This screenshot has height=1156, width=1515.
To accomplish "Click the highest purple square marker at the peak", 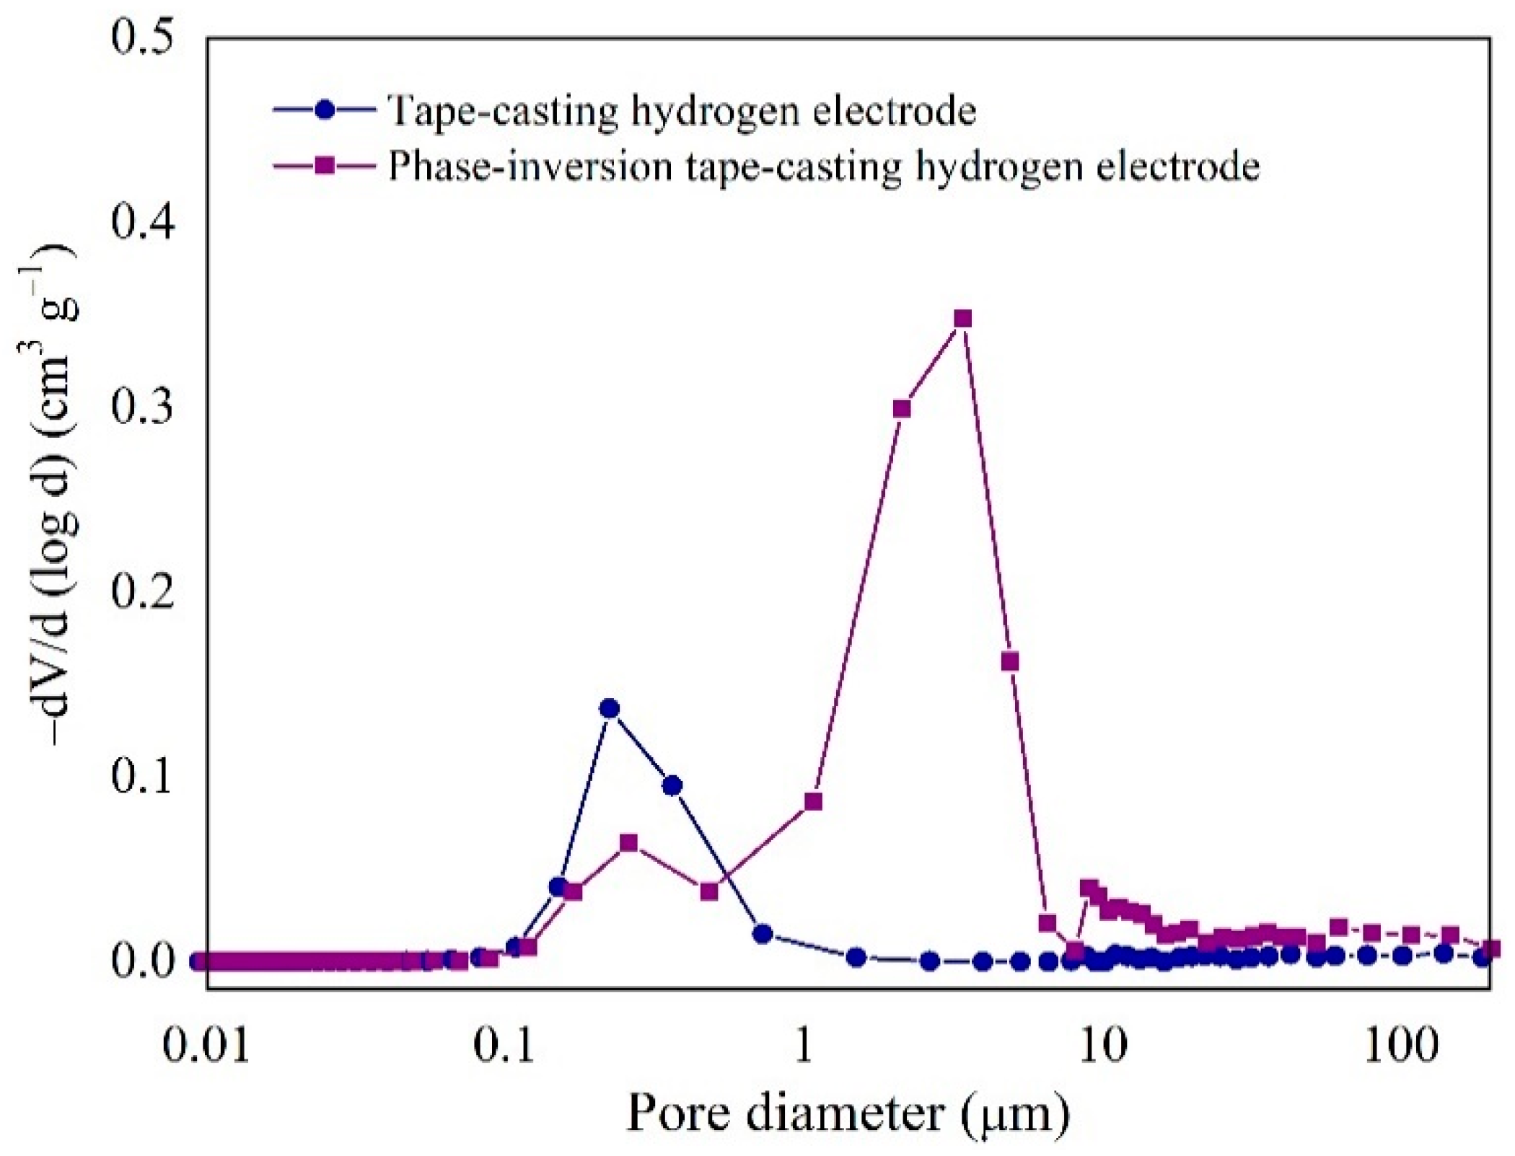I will (962, 319).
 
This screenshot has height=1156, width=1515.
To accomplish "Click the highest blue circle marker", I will (610, 708).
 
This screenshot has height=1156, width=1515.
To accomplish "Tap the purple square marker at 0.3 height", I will (902, 409).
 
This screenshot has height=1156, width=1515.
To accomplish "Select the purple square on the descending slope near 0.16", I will (1010, 661).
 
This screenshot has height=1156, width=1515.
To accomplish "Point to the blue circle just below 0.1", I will (672, 785).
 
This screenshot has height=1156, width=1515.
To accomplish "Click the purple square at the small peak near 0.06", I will (629, 842).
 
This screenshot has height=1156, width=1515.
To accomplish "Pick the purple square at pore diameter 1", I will (813, 802).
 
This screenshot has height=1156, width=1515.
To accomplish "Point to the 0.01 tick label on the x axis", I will (206, 1046).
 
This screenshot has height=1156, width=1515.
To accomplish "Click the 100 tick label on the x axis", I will (1401, 1046).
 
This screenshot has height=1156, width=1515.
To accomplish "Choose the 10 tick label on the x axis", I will (1104, 1046).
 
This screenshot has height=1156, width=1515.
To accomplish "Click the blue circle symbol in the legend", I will (325, 110).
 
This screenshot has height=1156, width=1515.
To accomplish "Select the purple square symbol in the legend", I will (325, 167).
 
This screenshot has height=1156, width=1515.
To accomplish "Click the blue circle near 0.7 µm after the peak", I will (763, 934).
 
